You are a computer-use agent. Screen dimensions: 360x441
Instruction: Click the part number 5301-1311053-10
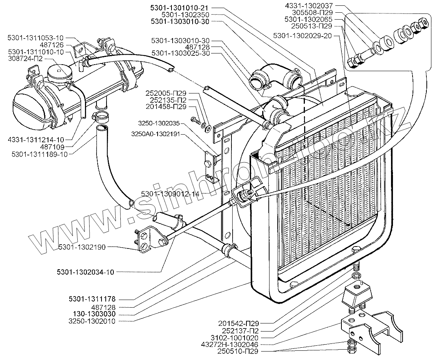tap(36, 38)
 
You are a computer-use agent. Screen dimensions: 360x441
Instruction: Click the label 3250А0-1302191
tap(156, 135)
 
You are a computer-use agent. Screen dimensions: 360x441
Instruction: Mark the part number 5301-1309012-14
tap(170, 194)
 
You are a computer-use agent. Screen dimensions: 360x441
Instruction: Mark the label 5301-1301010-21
tap(181, 8)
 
